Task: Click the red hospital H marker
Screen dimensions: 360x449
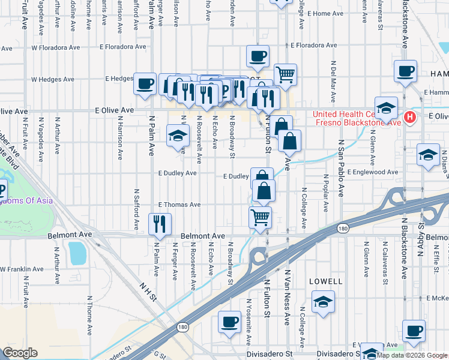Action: pyautogui.click(x=410, y=116)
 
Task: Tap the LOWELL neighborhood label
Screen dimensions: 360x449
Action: pyautogui.click(x=325, y=281)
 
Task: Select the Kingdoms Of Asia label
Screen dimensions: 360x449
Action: pyautogui.click(x=27, y=201)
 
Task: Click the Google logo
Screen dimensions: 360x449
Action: pyautogui.click(x=19, y=352)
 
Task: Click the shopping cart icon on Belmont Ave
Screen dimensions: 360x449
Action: pyautogui.click(x=260, y=217)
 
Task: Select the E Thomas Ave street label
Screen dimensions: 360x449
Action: pyautogui.click(x=179, y=205)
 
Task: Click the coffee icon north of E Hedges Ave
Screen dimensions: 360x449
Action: pyautogui.click(x=258, y=56)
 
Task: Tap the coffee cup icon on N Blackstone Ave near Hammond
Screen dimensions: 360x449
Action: pyautogui.click(x=405, y=70)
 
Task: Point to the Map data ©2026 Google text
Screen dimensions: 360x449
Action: pyautogui.click(x=412, y=355)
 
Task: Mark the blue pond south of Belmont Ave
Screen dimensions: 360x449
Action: pyautogui.click(x=78, y=253)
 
